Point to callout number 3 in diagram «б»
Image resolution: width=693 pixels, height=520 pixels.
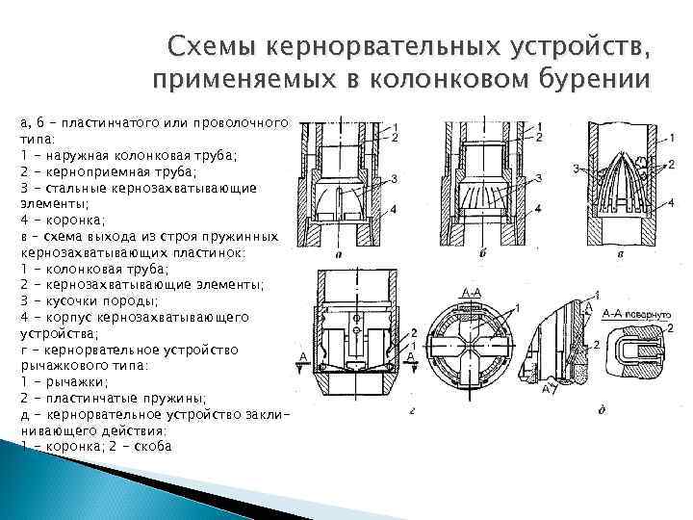540,176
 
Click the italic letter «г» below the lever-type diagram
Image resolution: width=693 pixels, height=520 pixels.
357,411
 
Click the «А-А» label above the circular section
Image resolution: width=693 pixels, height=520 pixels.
472,291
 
